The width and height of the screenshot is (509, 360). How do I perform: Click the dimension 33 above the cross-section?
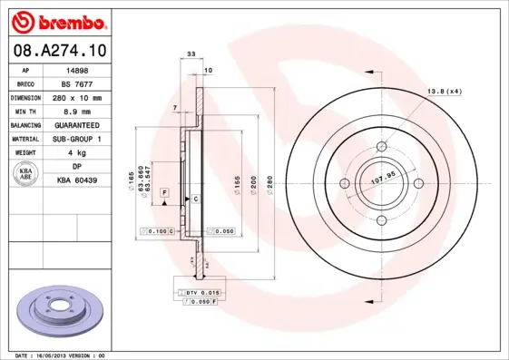[191, 55]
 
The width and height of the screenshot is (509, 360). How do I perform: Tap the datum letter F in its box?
[165, 193]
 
